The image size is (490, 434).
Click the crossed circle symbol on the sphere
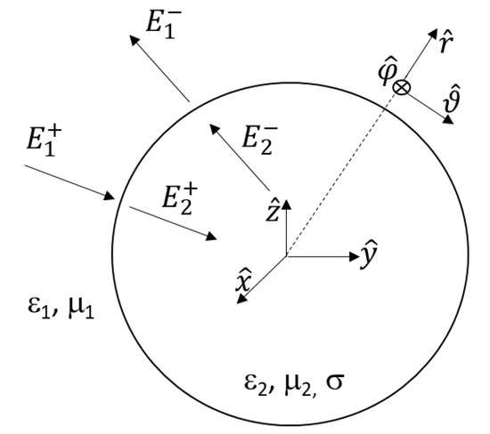(403, 87)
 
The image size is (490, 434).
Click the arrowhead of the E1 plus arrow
(113, 197)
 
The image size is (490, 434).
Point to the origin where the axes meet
(285, 257)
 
